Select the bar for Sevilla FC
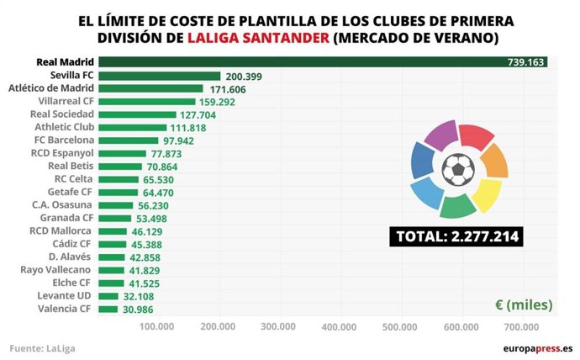(x=160, y=76)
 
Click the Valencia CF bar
(x=108, y=310)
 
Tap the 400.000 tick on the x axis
(x=340, y=326)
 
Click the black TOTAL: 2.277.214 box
(x=456, y=236)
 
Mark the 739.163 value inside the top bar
(x=526, y=62)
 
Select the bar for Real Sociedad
(x=137, y=114)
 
